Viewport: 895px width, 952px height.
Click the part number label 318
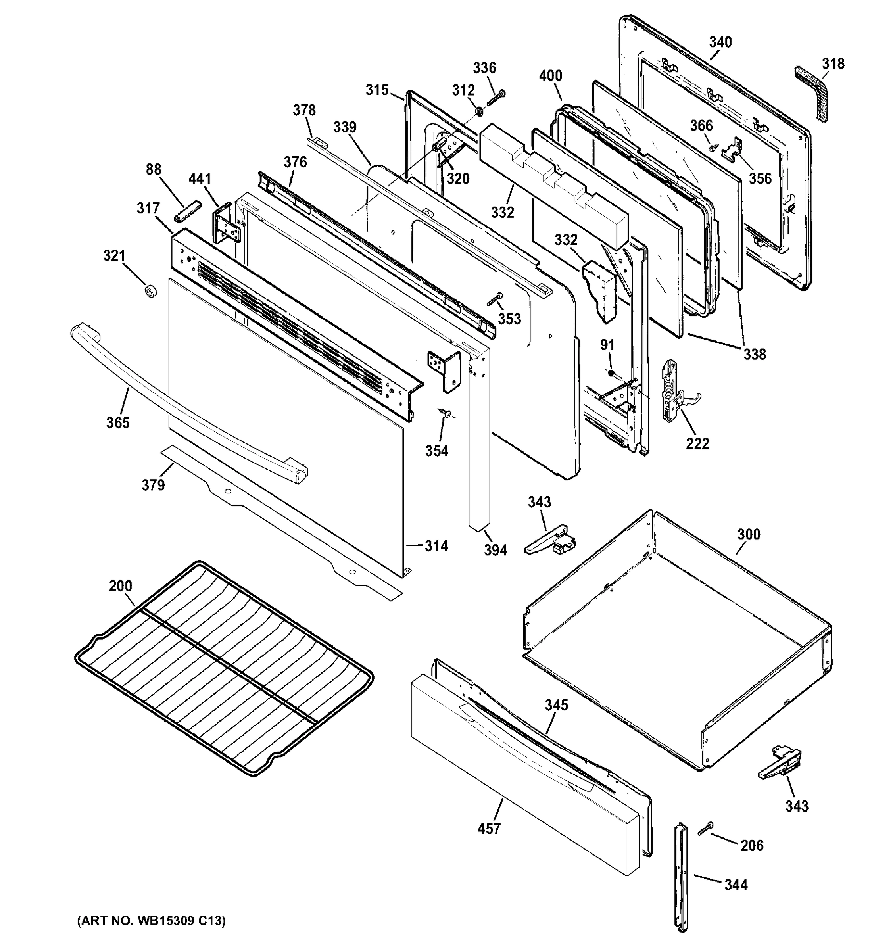[833, 64]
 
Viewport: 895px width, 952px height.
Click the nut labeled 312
[478, 112]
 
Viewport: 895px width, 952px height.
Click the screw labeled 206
[705, 829]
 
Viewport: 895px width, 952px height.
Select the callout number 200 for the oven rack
[120, 586]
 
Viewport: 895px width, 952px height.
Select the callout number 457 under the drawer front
[489, 829]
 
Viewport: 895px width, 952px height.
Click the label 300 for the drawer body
[749, 534]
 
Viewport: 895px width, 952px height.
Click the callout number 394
[495, 550]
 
